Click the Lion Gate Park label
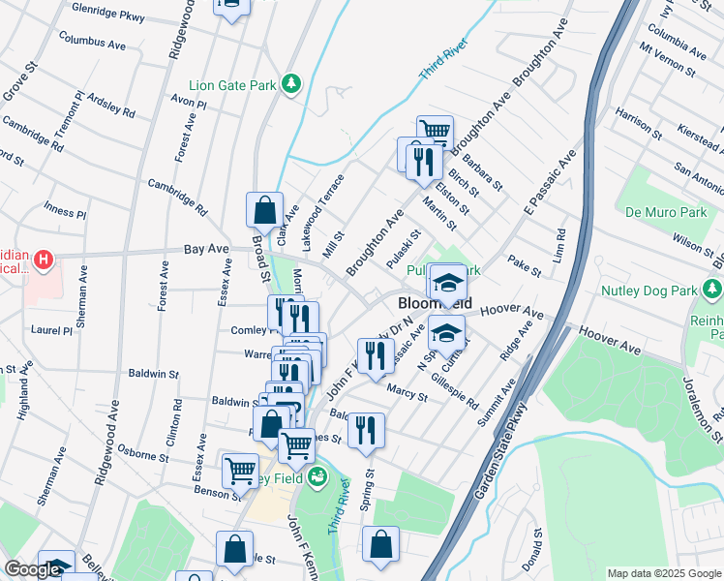231,85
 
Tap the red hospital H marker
44,260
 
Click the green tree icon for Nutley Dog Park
712,289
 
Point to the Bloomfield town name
436,303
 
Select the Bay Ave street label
205,250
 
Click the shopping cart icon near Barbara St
435,132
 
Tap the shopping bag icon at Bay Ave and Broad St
264,209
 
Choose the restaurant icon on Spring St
366,428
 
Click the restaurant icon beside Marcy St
376,355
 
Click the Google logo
32,570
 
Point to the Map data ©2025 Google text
663,573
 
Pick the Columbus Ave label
93,44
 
